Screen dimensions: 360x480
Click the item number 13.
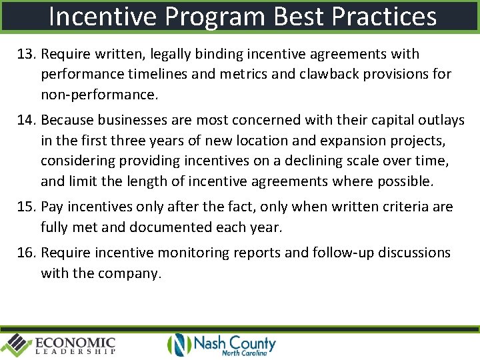pyautogui.click(x=26, y=54)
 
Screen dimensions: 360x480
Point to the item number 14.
pyautogui.click(x=26, y=121)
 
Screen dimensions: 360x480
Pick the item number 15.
pyautogui.click(x=26, y=207)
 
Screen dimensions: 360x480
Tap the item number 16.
pyautogui.click(x=26, y=253)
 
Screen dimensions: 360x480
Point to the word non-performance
pyautogui.click(x=99, y=95)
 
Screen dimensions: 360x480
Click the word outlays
pyautogui.click(x=441, y=121)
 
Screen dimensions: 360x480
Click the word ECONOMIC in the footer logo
pyautogui.click(x=75, y=342)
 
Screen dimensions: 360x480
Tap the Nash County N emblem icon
pyautogui.click(x=179, y=344)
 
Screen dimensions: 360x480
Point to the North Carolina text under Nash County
pyautogui.click(x=244, y=353)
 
